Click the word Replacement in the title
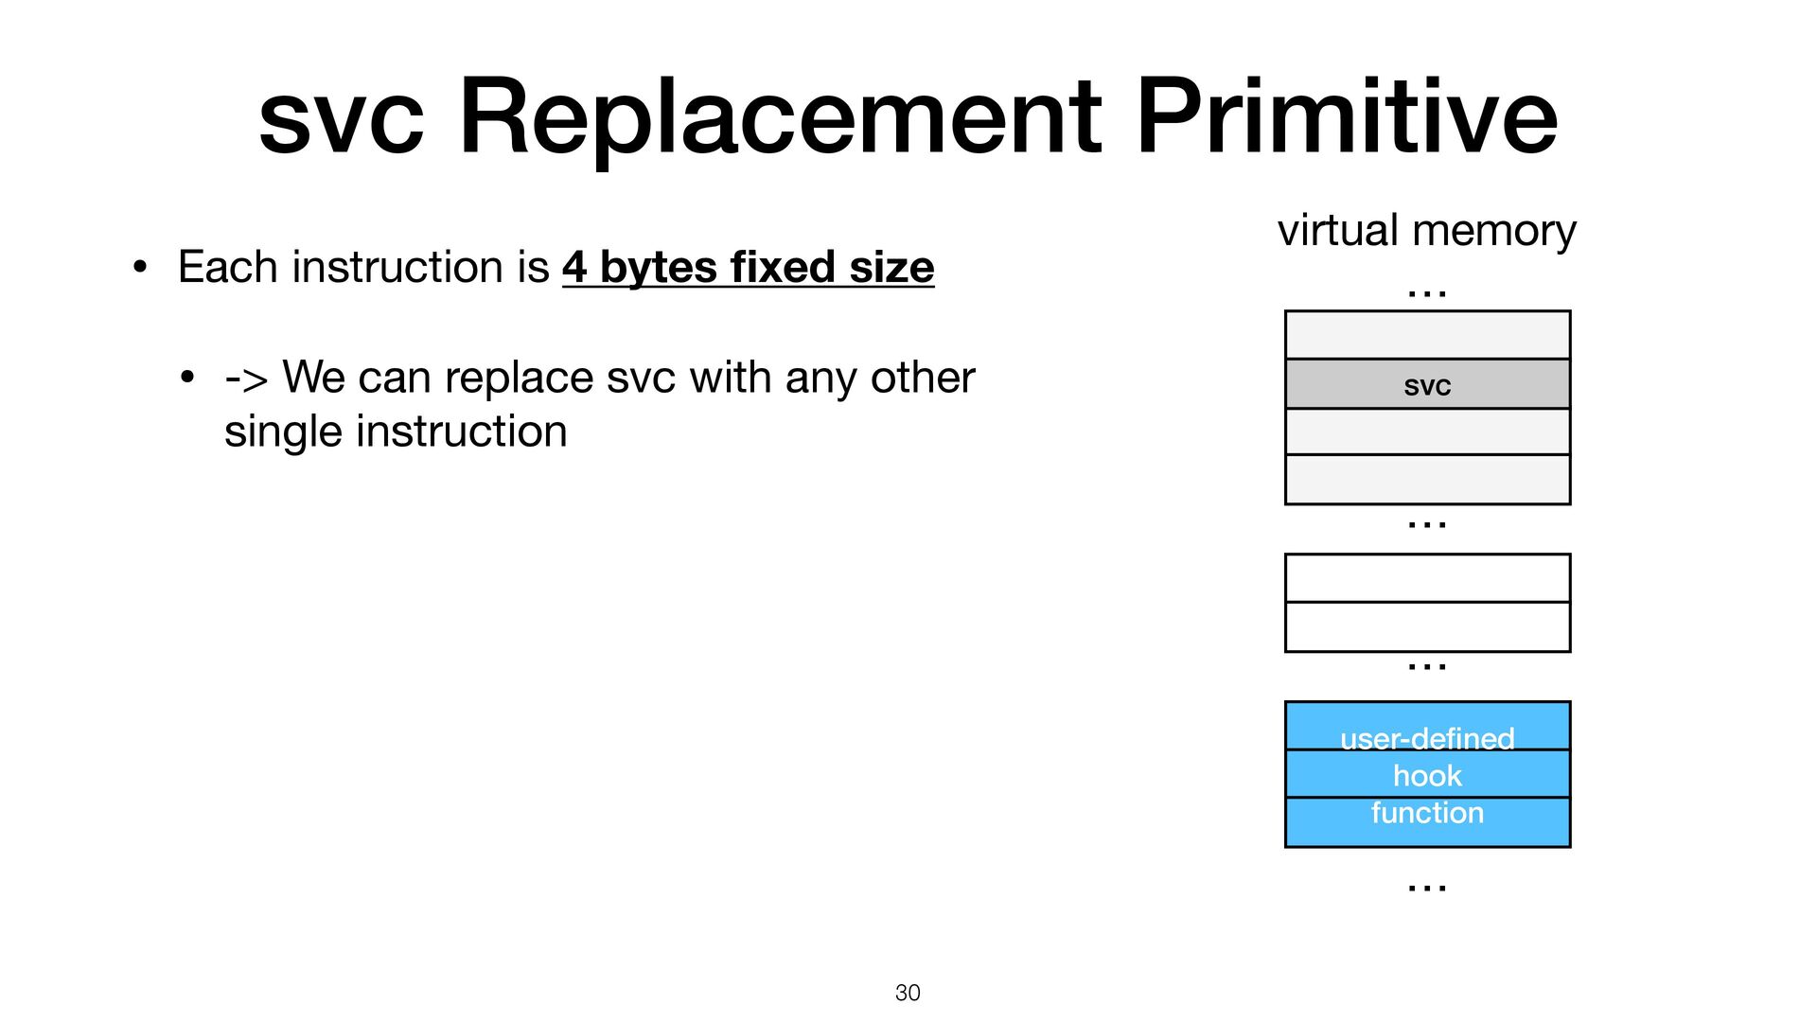(780, 117)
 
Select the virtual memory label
(1426, 231)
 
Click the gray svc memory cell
(1427, 384)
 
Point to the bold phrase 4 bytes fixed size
(748, 267)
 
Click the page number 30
(908, 993)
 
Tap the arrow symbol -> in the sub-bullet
(246, 379)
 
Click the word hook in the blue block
(1427, 776)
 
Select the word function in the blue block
(1427, 813)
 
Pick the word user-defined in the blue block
(1427, 738)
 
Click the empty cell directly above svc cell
(1427, 335)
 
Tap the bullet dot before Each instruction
(140, 267)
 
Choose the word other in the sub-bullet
(923, 378)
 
